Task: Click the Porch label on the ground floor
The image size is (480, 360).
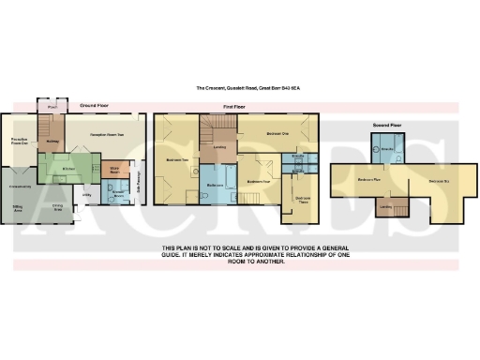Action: pyautogui.click(x=52, y=107)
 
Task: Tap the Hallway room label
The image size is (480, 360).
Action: pyautogui.click(x=52, y=142)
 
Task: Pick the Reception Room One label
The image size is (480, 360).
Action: pyautogui.click(x=19, y=142)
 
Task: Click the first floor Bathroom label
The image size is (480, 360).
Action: pyautogui.click(x=214, y=187)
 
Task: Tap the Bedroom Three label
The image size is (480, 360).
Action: pyautogui.click(x=304, y=200)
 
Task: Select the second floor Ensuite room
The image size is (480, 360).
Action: pyautogui.click(x=388, y=149)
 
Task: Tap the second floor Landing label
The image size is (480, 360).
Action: pyautogui.click(x=385, y=203)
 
